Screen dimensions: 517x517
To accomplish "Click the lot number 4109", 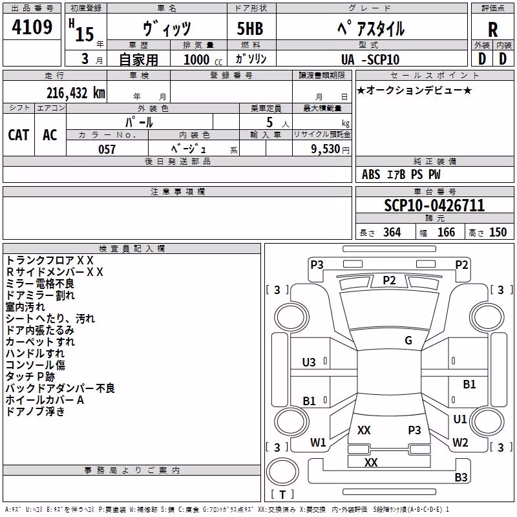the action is (x=32, y=27).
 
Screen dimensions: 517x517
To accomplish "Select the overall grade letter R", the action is (x=492, y=30).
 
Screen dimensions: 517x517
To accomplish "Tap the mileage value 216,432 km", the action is (x=76, y=93).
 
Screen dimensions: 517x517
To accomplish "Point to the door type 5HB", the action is (x=250, y=28).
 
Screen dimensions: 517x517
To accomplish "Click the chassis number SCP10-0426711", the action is (x=434, y=206).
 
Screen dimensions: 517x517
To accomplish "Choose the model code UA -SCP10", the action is (x=370, y=59).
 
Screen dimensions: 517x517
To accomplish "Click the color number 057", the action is (x=107, y=149).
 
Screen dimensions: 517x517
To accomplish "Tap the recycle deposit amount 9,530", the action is (x=325, y=149).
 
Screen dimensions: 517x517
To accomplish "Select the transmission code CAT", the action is (x=19, y=135).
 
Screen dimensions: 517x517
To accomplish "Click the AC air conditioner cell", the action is (x=50, y=135).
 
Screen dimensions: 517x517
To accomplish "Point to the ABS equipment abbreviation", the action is (x=371, y=174).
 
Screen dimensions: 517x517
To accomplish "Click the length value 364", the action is (x=392, y=232).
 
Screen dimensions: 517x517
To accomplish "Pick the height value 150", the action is (x=498, y=232).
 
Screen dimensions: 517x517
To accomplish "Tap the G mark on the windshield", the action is (x=408, y=341).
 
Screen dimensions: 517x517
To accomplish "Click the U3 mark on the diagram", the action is (x=309, y=363).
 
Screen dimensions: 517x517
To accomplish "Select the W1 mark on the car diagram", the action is (x=318, y=442).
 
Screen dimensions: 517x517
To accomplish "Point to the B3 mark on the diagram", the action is (x=461, y=477).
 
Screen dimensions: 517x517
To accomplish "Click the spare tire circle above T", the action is (x=282, y=472).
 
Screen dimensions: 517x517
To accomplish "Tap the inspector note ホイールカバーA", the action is (x=45, y=400).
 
